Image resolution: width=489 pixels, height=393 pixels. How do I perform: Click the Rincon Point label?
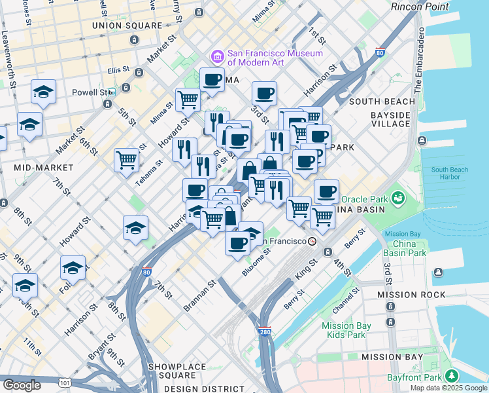pos(420,7)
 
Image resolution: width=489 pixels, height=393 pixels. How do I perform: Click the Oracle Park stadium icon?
pos(397,197)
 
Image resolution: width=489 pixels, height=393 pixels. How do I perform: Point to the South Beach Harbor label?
pos(450,174)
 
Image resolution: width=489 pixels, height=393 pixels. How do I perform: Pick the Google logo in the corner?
pos(22,384)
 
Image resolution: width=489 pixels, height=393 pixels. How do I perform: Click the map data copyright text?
pos(448,388)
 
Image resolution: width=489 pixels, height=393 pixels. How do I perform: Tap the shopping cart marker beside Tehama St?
pos(126,159)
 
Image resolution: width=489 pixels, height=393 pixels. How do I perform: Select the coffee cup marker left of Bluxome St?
pos(238,242)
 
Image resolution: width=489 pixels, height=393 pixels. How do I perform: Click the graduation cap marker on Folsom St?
pos(73,267)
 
